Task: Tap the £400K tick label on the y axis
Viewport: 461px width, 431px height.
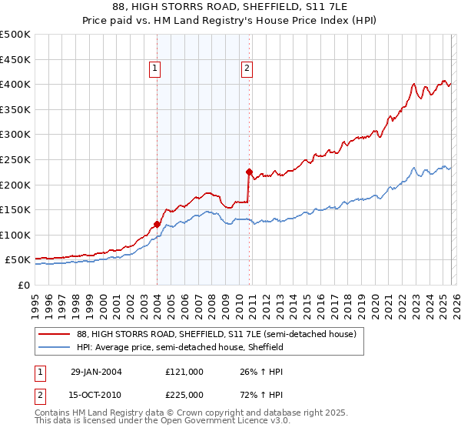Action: [x=15, y=84]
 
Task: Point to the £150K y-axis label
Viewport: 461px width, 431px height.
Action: [x=15, y=209]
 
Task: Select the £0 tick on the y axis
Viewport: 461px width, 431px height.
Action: [x=23, y=285]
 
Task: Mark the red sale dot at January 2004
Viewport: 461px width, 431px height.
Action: [x=157, y=225]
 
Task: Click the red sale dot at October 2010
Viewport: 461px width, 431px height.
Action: [x=249, y=172]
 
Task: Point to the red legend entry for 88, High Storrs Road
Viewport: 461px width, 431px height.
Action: [x=216, y=335]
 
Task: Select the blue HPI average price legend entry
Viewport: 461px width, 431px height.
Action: [x=181, y=348]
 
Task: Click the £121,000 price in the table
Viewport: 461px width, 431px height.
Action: [x=184, y=371]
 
